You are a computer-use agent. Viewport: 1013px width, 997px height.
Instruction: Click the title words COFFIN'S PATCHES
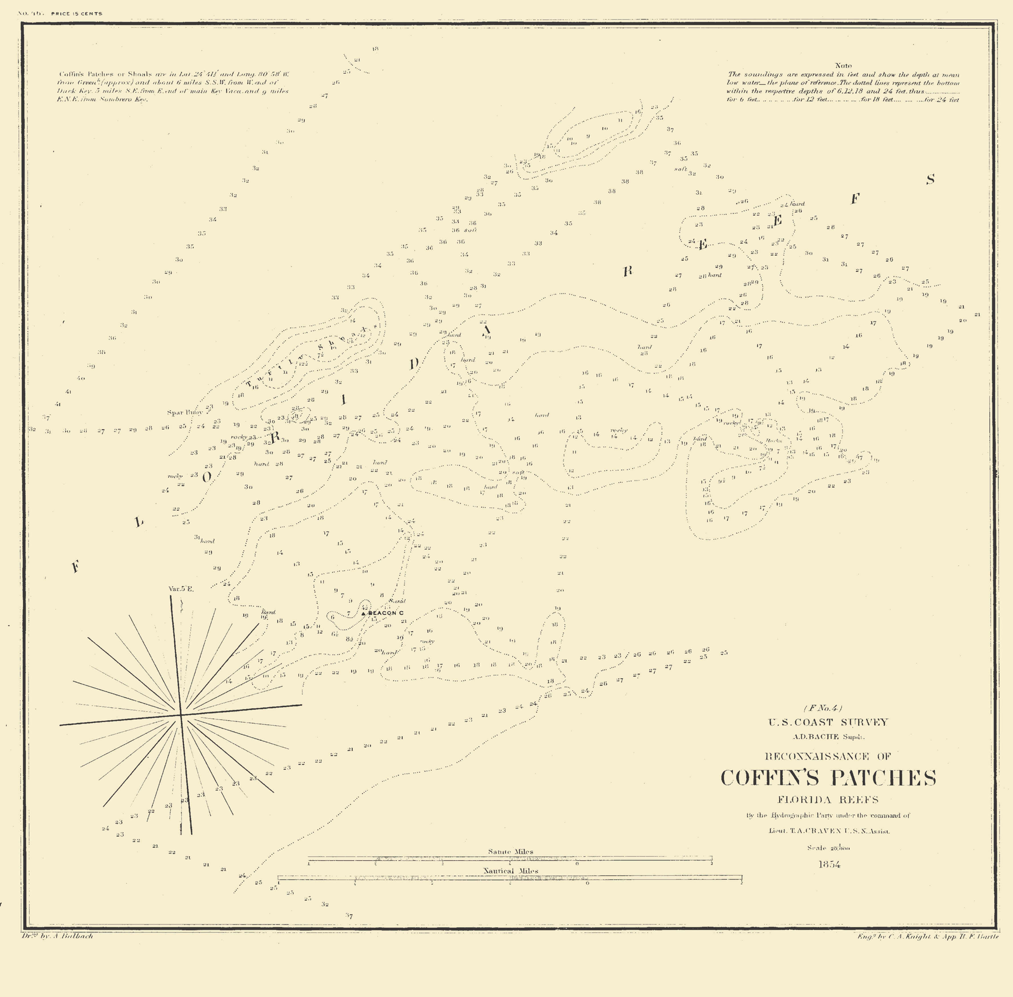click(828, 778)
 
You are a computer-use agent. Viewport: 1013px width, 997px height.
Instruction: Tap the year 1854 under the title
click(829, 864)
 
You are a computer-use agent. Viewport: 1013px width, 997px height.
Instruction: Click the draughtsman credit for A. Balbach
click(58, 936)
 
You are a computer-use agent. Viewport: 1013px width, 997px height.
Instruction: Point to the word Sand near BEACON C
click(397, 601)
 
